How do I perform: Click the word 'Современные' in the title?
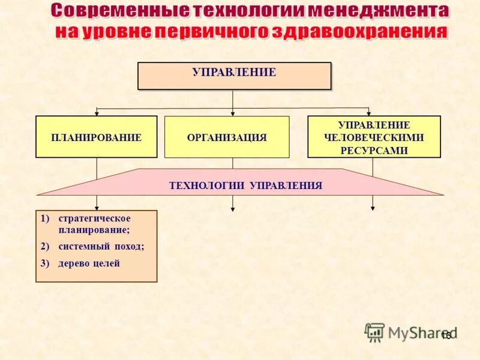117,11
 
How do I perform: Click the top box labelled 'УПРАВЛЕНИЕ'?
234,76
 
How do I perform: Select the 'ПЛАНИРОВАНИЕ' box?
96,137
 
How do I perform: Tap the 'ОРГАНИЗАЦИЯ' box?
227,137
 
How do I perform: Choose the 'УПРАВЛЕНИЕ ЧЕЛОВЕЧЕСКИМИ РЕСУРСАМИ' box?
374,137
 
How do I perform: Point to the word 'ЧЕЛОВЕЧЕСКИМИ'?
374,138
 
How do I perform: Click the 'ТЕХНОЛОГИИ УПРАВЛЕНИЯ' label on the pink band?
246,185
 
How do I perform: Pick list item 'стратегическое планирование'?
94,223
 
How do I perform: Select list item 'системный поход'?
101,246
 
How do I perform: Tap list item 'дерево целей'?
89,263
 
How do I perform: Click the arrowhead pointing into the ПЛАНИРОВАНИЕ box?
97,113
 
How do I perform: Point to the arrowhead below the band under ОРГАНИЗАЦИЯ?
233,208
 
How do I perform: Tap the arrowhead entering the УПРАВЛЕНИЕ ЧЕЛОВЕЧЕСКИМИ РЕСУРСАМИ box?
369,113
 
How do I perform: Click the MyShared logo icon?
374,331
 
